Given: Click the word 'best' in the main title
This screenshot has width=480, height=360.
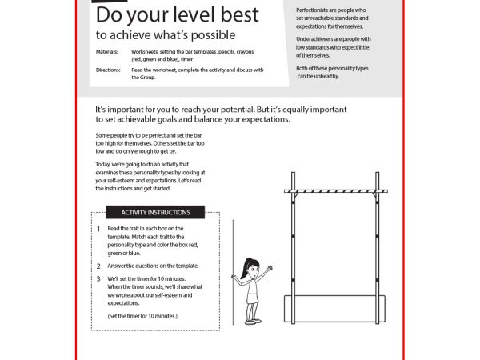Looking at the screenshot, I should (239, 14).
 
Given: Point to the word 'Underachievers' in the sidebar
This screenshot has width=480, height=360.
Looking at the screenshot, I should (318, 38).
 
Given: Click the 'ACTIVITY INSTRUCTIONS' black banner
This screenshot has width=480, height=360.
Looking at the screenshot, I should (155, 213).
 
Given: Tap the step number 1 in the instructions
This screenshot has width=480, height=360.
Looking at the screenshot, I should (99, 229).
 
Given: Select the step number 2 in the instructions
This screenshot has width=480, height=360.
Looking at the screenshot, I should (99, 266).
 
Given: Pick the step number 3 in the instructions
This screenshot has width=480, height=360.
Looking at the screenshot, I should (99, 278).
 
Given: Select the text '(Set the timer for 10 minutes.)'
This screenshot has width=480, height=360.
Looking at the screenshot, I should (142, 317).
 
